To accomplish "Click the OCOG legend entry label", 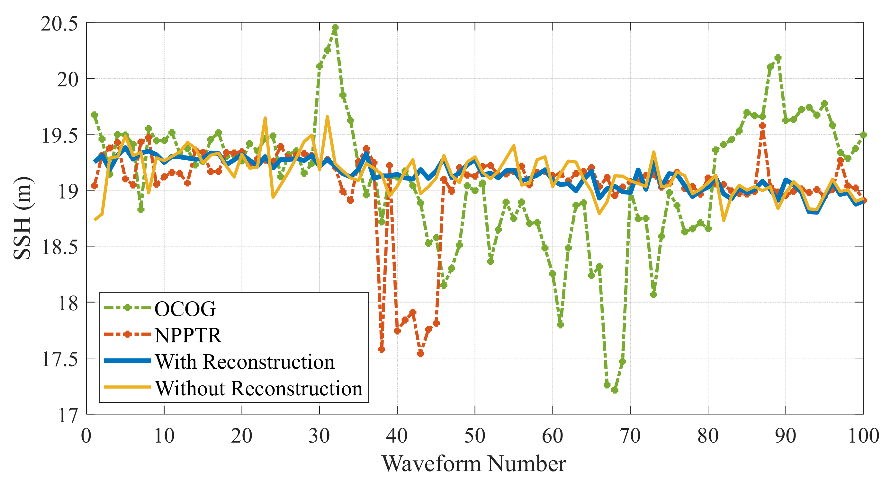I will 185,309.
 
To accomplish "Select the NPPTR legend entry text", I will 188,335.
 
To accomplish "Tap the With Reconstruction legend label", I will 245,362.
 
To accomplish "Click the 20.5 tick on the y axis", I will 59,24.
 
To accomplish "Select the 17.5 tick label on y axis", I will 59,359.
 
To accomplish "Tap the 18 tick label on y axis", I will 68,303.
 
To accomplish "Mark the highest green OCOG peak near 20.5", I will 335,27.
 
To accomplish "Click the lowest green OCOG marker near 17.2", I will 615,390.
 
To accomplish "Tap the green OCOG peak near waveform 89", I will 778,58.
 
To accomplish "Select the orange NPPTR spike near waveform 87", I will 762,126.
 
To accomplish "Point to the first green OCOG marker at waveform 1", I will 94,114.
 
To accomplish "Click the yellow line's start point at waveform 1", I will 94,220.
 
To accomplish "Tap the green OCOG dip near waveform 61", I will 560,325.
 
